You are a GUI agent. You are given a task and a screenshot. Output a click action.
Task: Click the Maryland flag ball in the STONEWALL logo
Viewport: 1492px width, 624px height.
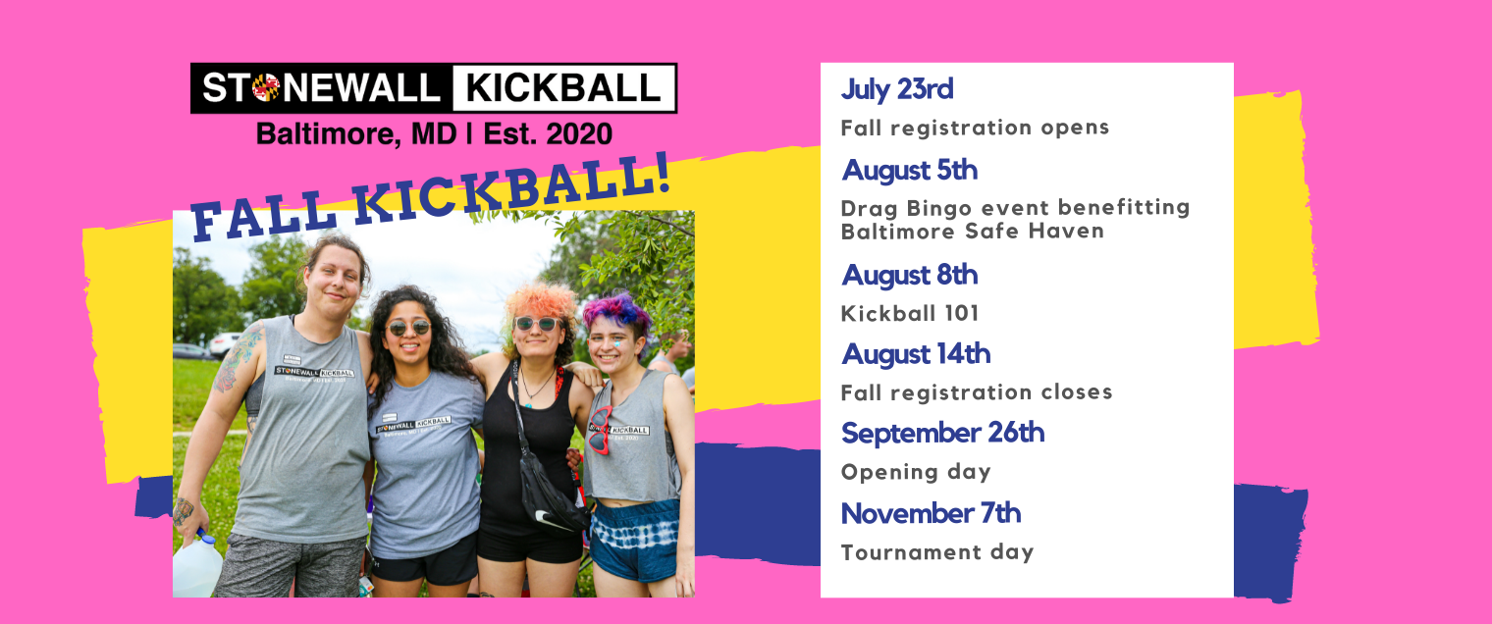[265, 88]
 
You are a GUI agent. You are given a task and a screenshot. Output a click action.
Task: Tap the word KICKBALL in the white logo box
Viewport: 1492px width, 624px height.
[563, 88]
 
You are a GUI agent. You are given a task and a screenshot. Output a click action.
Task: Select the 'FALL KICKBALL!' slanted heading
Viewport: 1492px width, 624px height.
[432, 195]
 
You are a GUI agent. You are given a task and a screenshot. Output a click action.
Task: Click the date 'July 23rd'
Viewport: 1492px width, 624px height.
[896, 89]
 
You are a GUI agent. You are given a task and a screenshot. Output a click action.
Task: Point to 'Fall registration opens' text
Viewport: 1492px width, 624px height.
[975, 128]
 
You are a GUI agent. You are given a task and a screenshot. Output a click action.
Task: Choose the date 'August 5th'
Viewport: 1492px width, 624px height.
[909, 170]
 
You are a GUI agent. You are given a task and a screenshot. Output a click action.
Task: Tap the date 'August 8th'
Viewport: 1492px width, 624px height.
[909, 275]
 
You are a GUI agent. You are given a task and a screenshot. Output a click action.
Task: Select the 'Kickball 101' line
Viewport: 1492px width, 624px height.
[910, 313]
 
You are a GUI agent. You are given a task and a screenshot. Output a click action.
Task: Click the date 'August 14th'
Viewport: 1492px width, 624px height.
[916, 353]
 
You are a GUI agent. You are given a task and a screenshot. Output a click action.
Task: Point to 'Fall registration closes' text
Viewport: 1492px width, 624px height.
[977, 392]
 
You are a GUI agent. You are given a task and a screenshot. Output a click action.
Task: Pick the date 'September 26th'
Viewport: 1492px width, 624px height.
[942, 433]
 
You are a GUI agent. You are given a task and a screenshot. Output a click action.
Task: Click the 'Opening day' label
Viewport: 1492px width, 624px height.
[916, 472]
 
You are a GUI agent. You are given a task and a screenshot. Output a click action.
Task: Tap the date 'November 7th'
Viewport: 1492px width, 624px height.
[931, 513]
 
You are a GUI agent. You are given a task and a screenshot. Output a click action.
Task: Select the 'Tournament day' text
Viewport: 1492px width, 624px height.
[937, 552]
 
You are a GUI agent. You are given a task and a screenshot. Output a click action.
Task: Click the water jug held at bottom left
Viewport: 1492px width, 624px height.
[197, 566]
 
